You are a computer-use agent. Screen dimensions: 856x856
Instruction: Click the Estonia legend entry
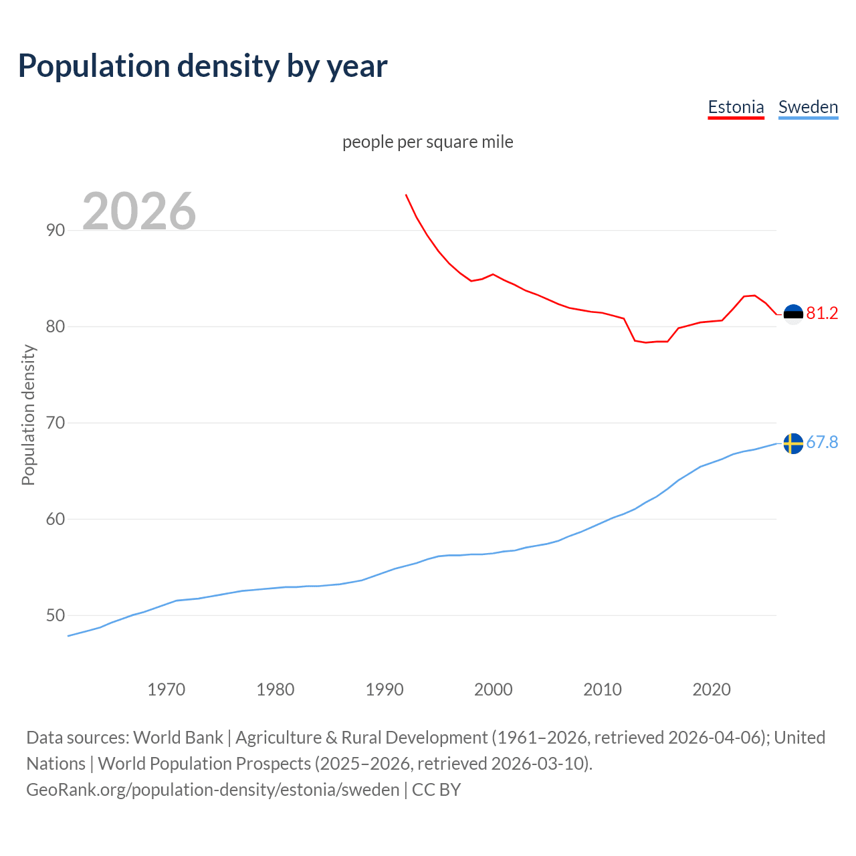coord(736,107)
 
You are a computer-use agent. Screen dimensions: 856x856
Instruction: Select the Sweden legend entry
coord(808,107)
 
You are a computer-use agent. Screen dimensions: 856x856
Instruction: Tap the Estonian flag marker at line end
coord(793,314)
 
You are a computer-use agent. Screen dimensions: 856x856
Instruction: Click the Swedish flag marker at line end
coord(793,443)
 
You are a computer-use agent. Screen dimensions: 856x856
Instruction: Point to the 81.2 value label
coord(822,313)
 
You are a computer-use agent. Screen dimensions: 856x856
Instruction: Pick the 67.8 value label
coord(822,442)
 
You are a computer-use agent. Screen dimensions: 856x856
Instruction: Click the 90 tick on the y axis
coord(56,230)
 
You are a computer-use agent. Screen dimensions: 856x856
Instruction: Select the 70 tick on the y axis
coord(56,423)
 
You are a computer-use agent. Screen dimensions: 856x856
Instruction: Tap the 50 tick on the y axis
coord(56,615)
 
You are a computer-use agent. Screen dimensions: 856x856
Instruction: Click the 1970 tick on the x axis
coord(166,689)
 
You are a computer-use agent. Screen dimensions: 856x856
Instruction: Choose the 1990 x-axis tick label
coord(384,689)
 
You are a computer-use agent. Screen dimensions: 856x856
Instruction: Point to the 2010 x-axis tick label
coord(603,689)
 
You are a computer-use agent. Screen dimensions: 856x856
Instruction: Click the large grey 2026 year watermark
coord(139,211)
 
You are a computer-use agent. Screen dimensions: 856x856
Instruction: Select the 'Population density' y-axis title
coord(28,415)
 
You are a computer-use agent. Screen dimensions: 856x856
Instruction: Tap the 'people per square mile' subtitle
coord(428,142)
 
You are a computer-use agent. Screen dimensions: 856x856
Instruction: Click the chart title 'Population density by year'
coord(203,66)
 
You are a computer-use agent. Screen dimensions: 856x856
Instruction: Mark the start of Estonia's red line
coord(406,195)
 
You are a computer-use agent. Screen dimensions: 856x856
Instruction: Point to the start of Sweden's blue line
coord(68,636)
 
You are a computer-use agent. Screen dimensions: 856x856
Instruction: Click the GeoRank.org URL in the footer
coord(213,789)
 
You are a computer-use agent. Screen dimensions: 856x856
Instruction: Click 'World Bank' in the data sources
coord(178,737)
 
